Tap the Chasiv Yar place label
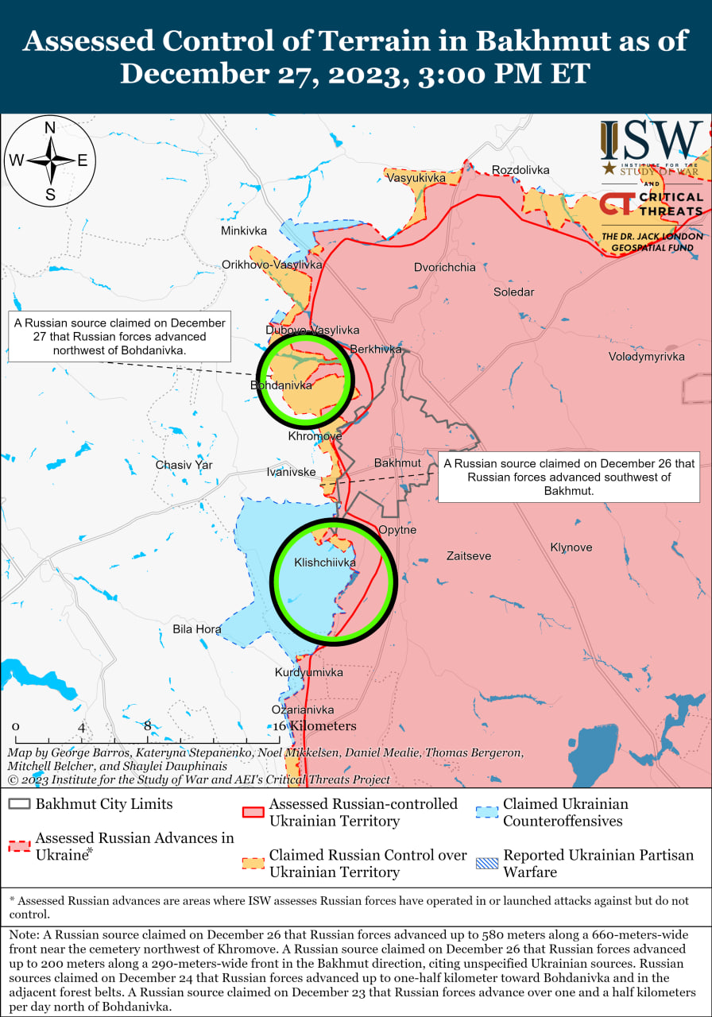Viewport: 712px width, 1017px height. pyautogui.click(x=184, y=464)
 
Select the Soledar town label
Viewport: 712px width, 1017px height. pyautogui.click(x=513, y=292)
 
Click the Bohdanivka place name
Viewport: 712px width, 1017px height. pyautogui.click(x=281, y=385)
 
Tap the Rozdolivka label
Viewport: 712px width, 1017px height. pyautogui.click(x=520, y=170)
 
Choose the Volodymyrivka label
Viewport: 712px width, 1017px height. pyautogui.click(x=646, y=356)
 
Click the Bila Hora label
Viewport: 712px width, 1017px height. pyautogui.click(x=197, y=629)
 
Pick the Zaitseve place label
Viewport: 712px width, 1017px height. pyautogui.click(x=469, y=556)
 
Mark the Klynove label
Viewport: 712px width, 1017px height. pyautogui.click(x=571, y=547)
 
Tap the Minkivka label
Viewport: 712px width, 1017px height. pyautogui.click(x=244, y=230)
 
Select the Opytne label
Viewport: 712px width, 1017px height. pyautogui.click(x=397, y=530)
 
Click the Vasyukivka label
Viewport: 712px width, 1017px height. pyautogui.click(x=416, y=178)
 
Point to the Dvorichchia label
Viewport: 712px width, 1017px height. pyautogui.click(x=445, y=267)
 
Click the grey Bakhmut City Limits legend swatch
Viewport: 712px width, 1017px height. pyautogui.click(x=21, y=804)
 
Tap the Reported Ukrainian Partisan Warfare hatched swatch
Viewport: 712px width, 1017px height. pyautogui.click(x=486, y=863)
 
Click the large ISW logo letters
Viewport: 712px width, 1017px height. pyautogui.click(x=651, y=141)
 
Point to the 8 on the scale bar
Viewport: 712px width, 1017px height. pyautogui.click(x=148, y=725)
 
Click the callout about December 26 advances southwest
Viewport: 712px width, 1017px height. pyautogui.click(x=569, y=477)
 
